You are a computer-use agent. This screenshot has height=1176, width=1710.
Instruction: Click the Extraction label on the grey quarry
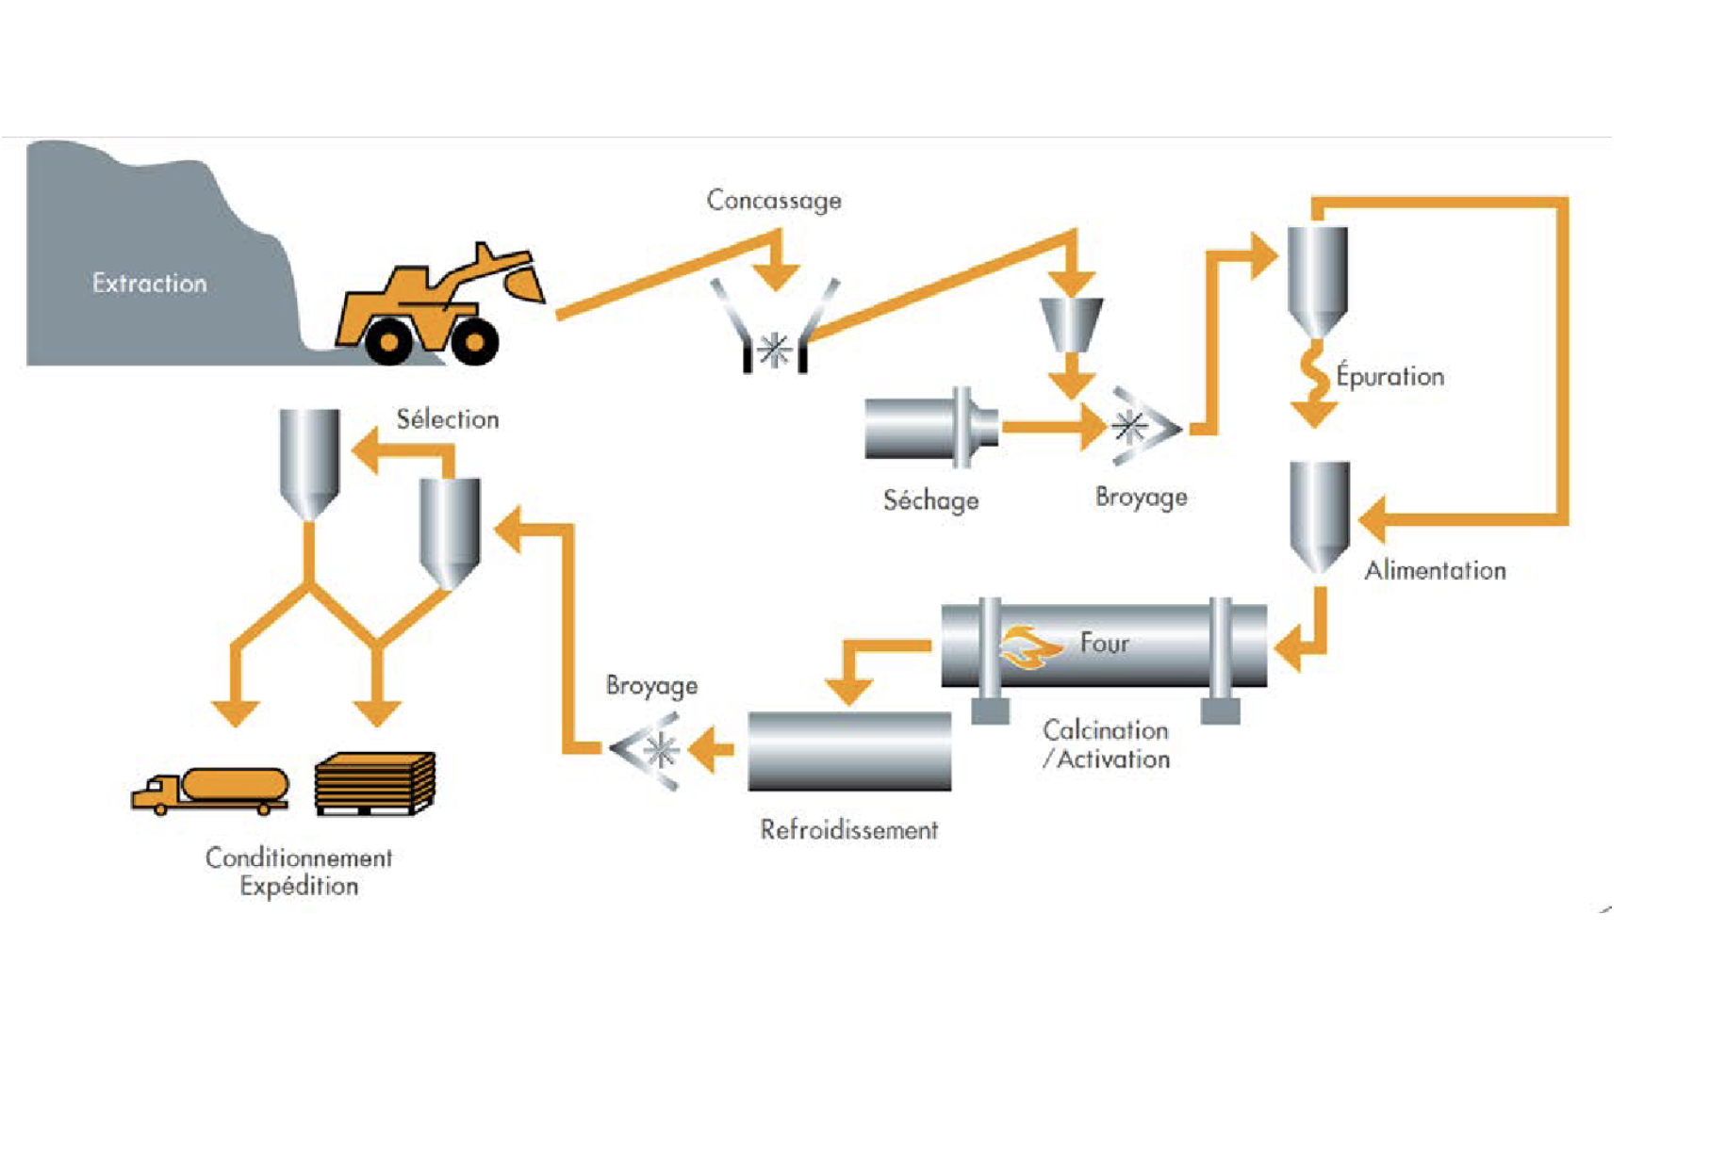tap(149, 283)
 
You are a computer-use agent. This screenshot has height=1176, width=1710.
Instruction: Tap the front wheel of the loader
tap(474, 340)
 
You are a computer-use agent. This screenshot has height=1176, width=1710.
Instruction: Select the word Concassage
tap(774, 201)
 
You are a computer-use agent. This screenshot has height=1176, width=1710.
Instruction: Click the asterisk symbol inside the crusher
tap(775, 351)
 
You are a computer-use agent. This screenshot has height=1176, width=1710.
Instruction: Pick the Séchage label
tap(930, 500)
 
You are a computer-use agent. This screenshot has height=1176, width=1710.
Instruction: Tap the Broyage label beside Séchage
tap(1141, 497)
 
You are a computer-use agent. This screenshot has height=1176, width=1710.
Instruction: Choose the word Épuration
tap(1389, 376)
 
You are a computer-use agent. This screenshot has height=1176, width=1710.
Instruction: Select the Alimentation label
tap(1435, 570)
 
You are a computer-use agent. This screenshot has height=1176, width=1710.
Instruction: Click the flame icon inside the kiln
tap(1028, 646)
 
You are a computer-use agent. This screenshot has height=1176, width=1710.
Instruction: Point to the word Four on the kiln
tap(1104, 644)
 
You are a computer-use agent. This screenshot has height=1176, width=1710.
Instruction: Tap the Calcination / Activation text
tap(1106, 744)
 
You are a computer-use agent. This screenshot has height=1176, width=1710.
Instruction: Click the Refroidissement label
tap(848, 830)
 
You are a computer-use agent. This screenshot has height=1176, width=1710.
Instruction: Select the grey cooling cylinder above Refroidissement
tap(849, 751)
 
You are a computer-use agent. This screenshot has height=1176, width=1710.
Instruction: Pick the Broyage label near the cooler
tap(651, 685)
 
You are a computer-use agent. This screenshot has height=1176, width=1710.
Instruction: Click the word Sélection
tap(447, 419)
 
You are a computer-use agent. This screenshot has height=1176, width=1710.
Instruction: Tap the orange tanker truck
tap(211, 789)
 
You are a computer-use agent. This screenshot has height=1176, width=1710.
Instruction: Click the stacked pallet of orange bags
tap(375, 782)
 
